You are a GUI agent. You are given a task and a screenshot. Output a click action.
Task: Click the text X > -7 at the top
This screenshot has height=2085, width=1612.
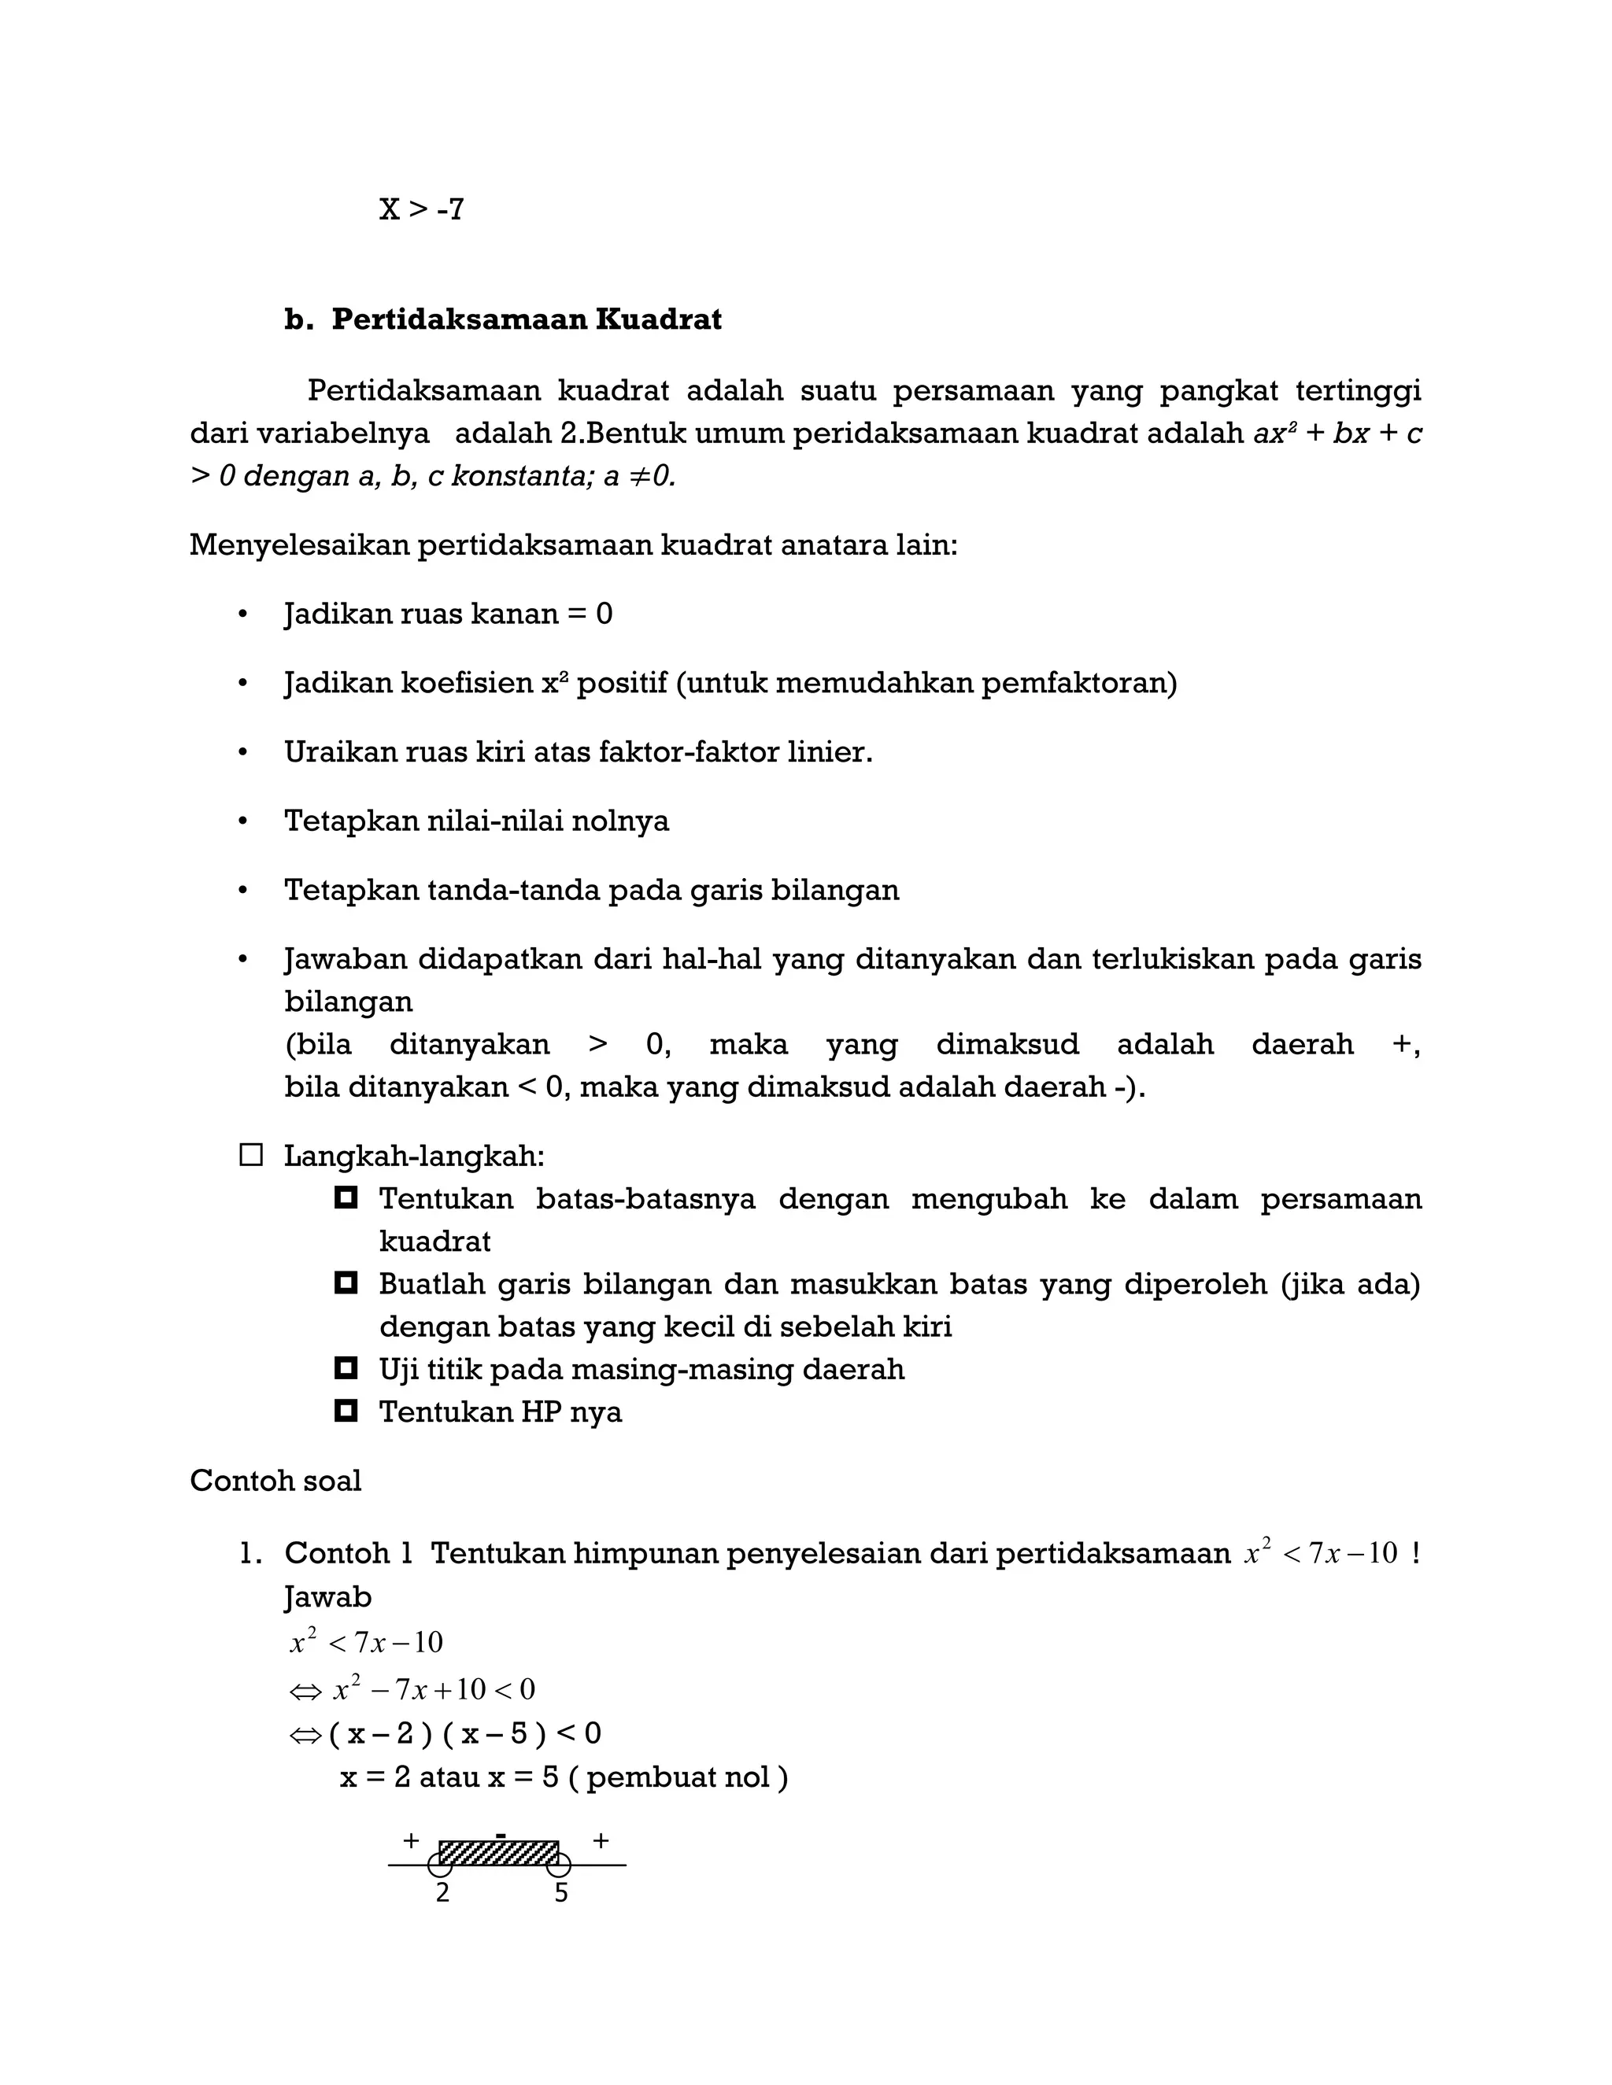coord(421,209)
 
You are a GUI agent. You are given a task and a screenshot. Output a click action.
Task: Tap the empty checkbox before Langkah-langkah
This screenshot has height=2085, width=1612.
coord(251,1156)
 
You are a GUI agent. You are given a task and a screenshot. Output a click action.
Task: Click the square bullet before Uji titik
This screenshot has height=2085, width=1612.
coord(346,1368)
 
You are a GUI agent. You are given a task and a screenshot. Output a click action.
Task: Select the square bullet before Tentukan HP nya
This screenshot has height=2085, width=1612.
coord(346,1410)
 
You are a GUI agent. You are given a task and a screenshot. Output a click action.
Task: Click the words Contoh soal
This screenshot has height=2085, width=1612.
coord(275,1481)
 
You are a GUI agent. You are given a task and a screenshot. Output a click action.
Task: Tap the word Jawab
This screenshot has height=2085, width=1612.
coord(327,1596)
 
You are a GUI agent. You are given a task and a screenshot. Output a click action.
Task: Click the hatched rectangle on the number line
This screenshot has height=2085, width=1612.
coord(498,1853)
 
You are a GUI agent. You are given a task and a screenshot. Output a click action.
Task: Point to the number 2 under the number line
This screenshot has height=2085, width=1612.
coord(442,1894)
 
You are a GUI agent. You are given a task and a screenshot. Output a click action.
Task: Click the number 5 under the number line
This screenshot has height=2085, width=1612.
coord(560,1894)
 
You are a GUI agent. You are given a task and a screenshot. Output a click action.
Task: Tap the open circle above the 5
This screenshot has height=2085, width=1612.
coord(559,1865)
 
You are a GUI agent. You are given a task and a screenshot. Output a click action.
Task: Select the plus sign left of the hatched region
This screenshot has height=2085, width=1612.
coord(411,1840)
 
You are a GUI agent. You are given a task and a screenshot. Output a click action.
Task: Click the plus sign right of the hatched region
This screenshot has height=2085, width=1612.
coord(601,1840)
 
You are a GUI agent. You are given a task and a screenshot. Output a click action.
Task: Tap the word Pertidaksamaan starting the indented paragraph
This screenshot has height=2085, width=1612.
coord(424,390)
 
